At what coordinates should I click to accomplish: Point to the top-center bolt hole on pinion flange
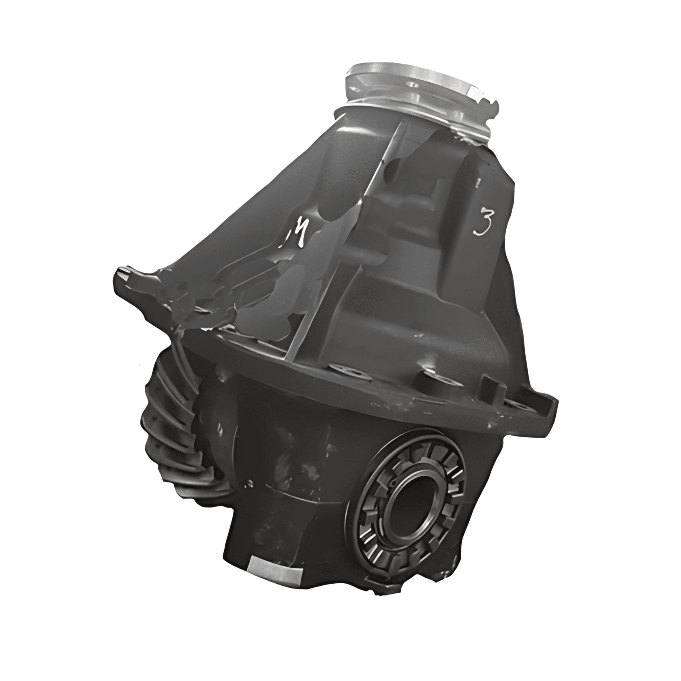(x=413, y=85)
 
